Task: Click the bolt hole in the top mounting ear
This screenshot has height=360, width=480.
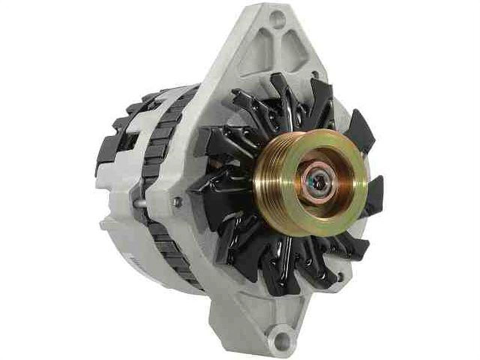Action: click(276, 16)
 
